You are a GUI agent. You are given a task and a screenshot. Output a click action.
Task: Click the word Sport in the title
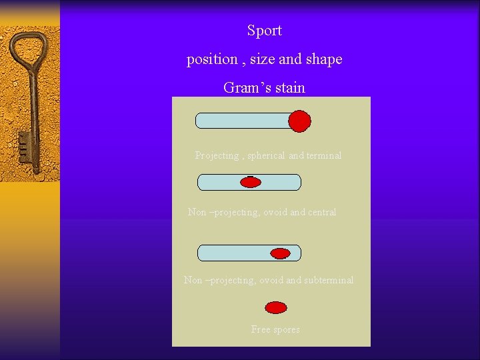tap(264, 31)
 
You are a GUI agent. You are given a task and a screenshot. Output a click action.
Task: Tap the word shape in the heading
tap(324, 59)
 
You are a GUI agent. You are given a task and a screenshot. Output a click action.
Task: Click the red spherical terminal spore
tap(299, 121)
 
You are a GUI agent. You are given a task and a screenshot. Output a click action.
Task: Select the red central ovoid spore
tap(251, 182)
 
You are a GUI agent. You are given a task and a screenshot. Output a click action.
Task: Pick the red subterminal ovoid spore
tap(280, 253)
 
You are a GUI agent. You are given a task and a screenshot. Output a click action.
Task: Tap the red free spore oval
tap(276, 307)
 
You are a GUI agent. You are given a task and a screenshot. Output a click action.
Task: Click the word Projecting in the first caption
tap(217, 155)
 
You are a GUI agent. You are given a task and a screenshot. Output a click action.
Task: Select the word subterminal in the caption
tap(329, 281)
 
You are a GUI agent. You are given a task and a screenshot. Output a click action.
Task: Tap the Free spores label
tap(275, 329)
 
